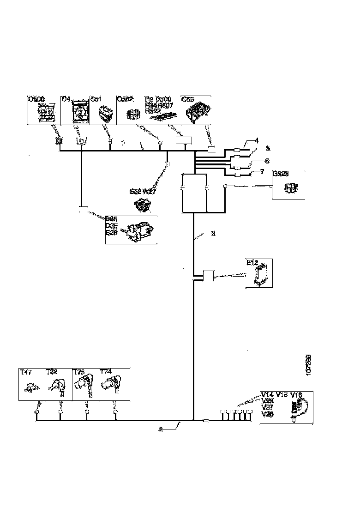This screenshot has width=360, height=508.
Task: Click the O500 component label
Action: [36, 98]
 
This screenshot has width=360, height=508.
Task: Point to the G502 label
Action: [125, 98]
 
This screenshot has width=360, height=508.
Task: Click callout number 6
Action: [266, 161]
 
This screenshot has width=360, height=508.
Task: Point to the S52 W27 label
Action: [144, 191]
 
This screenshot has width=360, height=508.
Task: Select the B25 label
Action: [111, 219]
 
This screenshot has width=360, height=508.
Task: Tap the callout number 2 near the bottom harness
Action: [161, 429]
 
